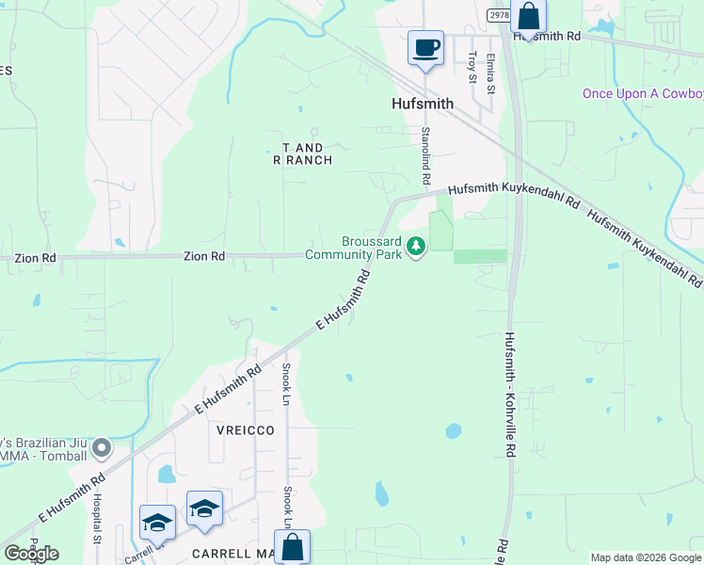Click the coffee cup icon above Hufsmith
click(425, 47)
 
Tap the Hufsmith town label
click(423, 104)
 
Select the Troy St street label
click(472, 67)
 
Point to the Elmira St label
click(490, 73)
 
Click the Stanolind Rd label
click(425, 155)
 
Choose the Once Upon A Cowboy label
click(643, 93)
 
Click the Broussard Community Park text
click(354, 248)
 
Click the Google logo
click(31, 554)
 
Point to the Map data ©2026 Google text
click(646, 557)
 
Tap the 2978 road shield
click(500, 15)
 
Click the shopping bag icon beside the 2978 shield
click(528, 18)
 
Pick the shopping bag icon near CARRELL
click(292, 546)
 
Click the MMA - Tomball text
click(45, 458)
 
